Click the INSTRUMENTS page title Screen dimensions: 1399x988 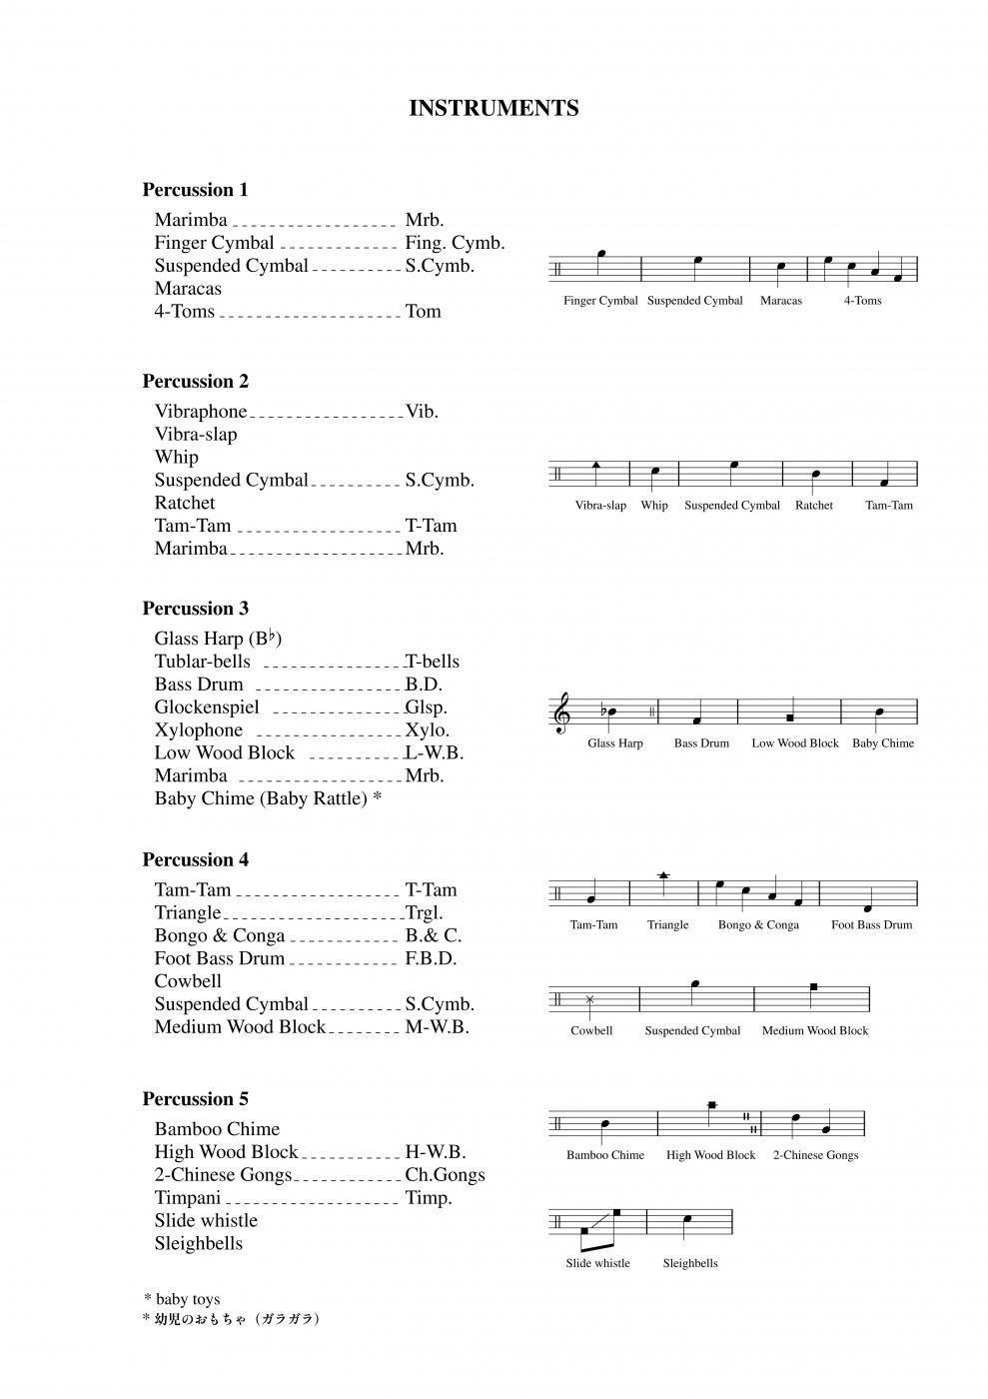(494, 108)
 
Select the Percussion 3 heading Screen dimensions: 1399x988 (195, 609)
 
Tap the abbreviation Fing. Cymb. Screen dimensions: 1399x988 (455, 243)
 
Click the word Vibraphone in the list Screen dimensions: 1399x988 (201, 412)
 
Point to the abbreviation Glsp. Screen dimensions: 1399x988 (426, 707)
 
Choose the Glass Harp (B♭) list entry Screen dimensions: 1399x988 (218, 639)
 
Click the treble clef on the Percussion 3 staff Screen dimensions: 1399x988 (562, 713)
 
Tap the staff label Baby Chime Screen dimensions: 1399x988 (883, 743)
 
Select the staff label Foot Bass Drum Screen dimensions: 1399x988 (871, 925)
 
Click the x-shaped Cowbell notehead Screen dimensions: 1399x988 (590, 999)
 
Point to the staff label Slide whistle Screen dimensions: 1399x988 (597, 1263)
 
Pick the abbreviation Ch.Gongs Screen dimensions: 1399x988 (445, 1175)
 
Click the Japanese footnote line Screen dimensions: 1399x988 (231, 1319)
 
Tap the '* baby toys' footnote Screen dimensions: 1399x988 (182, 1299)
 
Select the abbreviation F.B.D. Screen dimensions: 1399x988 (431, 958)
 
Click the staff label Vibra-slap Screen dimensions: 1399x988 (600, 506)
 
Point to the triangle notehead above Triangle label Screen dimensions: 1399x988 (664, 875)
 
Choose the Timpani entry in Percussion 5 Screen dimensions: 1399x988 (188, 1198)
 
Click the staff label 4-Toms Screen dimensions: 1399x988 (862, 301)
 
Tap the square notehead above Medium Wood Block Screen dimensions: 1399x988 (814, 987)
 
